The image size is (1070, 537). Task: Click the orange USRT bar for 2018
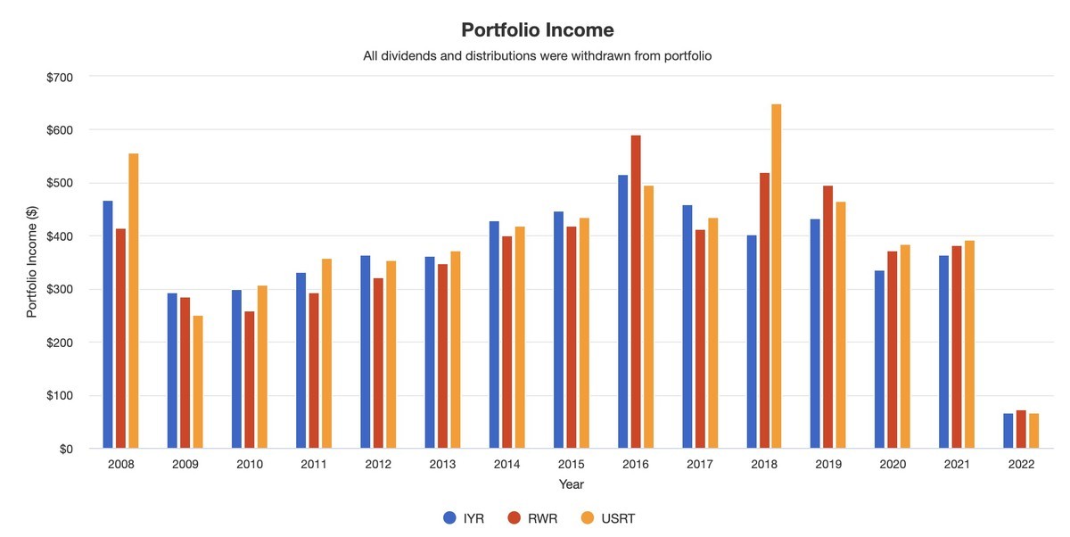coord(777,277)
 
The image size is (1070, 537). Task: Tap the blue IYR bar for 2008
coord(108,325)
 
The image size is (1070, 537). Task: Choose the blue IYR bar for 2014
coord(494,335)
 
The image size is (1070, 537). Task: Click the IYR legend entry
coord(464,518)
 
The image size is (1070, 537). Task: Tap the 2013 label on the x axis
coord(442,465)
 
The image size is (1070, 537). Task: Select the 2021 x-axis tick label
coord(957,465)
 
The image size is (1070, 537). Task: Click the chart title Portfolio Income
coord(537,30)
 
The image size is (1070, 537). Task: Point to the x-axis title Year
coord(572,484)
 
